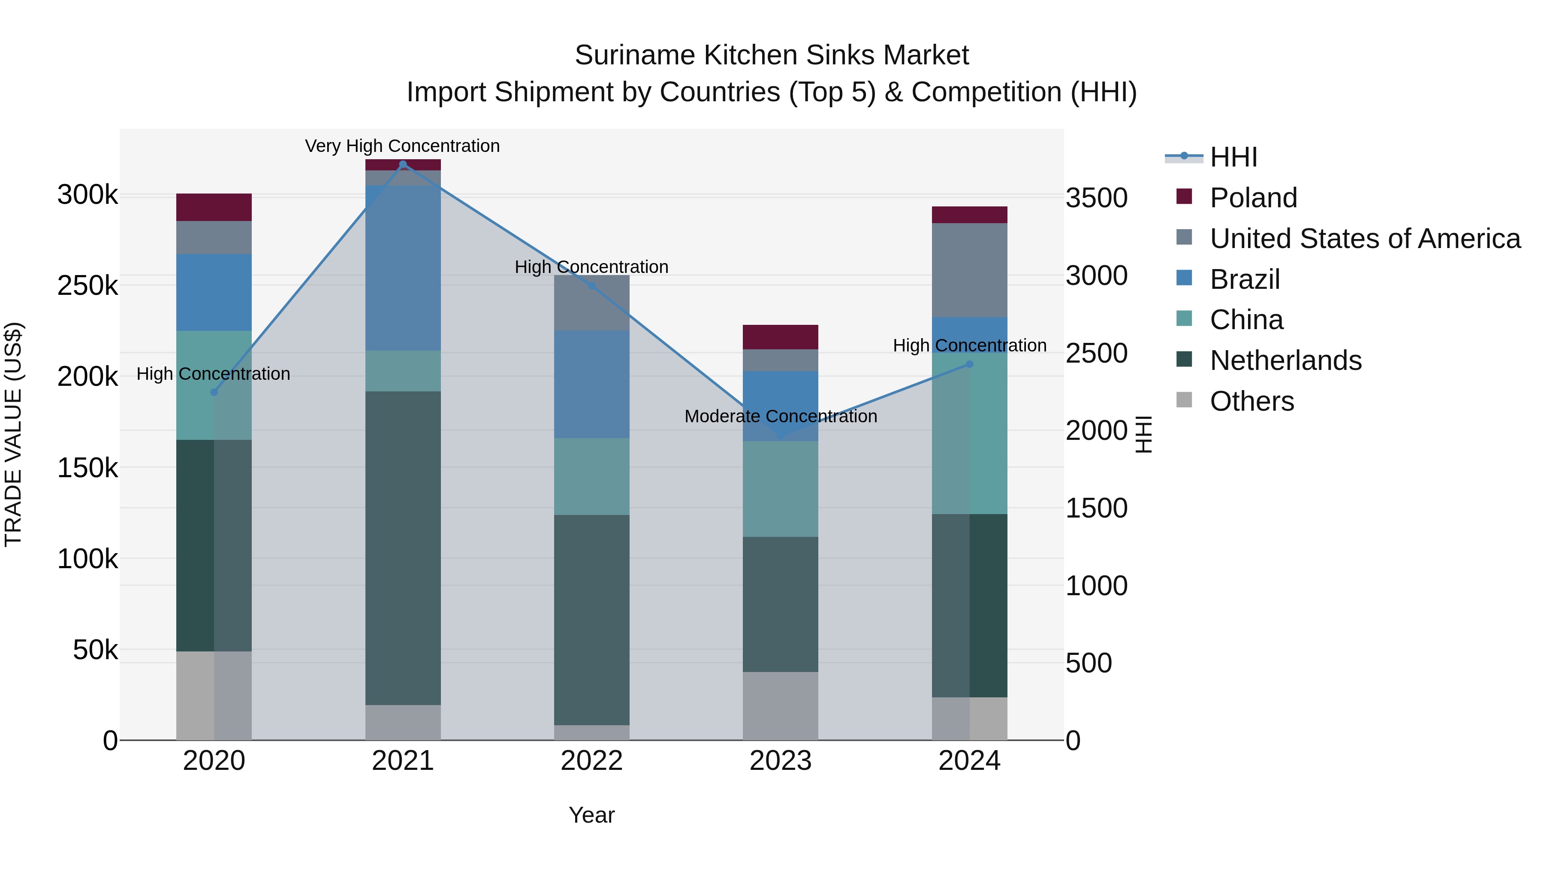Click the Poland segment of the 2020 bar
click(x=214, y=208)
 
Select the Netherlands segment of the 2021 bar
click(x=403, y=548)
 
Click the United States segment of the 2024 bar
click(x=969, y=270)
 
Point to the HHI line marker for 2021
click(x=403, y=164)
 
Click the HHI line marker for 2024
click(x=969, y=364)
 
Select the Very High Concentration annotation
click(x=402, y=146)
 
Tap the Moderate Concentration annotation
click(x=781, y=416)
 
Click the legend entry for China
click(x=1246, y=320)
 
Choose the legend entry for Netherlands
click(x=1285, y=361)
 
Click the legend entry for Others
click(x=1251, y=402)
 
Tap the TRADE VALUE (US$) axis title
click(x=13, y=434)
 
